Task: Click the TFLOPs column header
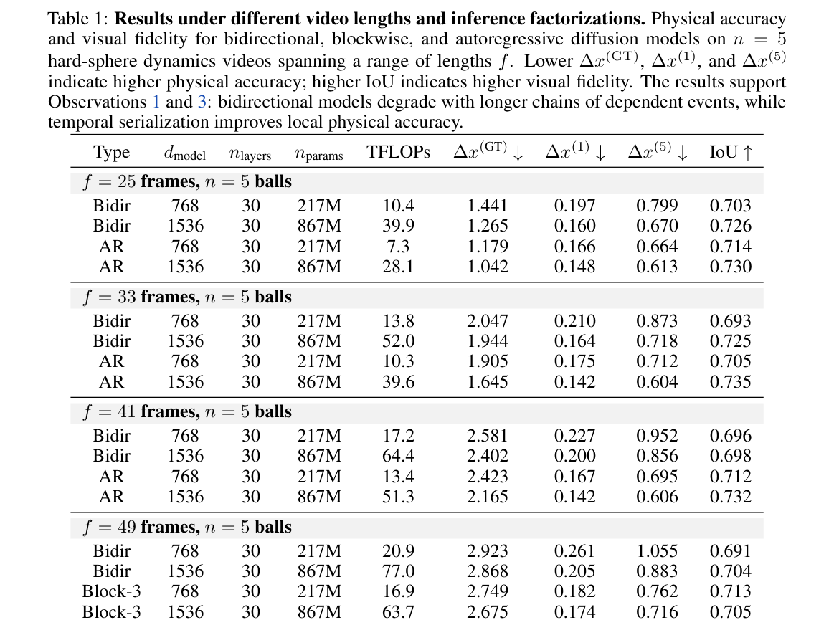tap(398, 152)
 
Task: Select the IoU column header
tap(731, 152)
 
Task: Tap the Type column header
tap(111, 153)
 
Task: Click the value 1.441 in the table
tap(487, 205)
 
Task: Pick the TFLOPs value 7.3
tap(398, 246)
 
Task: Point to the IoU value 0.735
tap(730, 382)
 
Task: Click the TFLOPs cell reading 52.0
tap(398, 341)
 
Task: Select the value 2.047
tap(487, 320)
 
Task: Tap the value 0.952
tap(657, 436)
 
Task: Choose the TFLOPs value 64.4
tap(398, 456)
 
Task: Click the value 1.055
tap(657, 551)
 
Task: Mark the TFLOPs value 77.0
tap(398, 571)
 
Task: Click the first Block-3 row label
tap(111, 591)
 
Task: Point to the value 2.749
tap(487, 591)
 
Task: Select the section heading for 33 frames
tap(187, 297)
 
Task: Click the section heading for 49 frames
tap(187, 527)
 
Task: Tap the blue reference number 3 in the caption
tap(202, 102)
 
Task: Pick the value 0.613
tap(657, 267)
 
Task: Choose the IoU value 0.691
tap(730, 551)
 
